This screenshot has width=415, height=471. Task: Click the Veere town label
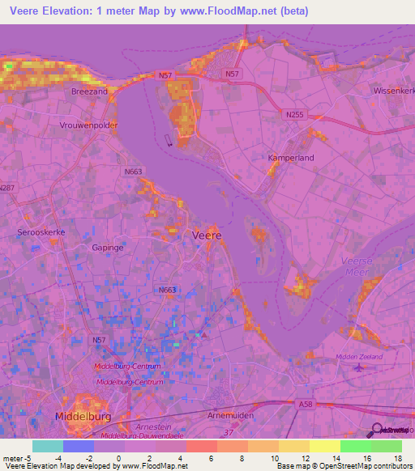[x=209, y=235]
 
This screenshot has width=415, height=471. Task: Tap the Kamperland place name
[x=291, y=158]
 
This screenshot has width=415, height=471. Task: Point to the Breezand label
[x=89, y=92]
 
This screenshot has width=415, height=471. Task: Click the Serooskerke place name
[x=41, y=232]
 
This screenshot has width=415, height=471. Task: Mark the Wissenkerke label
[x=393, y=91]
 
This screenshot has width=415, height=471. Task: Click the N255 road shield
[x=295, y=115]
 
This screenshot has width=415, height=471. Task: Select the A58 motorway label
[x=306, y=405]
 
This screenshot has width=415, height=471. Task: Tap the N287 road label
[x=6, y=188]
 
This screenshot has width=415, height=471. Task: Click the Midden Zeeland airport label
[x=359, y=356]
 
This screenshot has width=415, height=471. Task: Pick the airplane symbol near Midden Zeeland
[x=360, y=369]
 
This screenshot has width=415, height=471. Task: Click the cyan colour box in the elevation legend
[x=47, y=446]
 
